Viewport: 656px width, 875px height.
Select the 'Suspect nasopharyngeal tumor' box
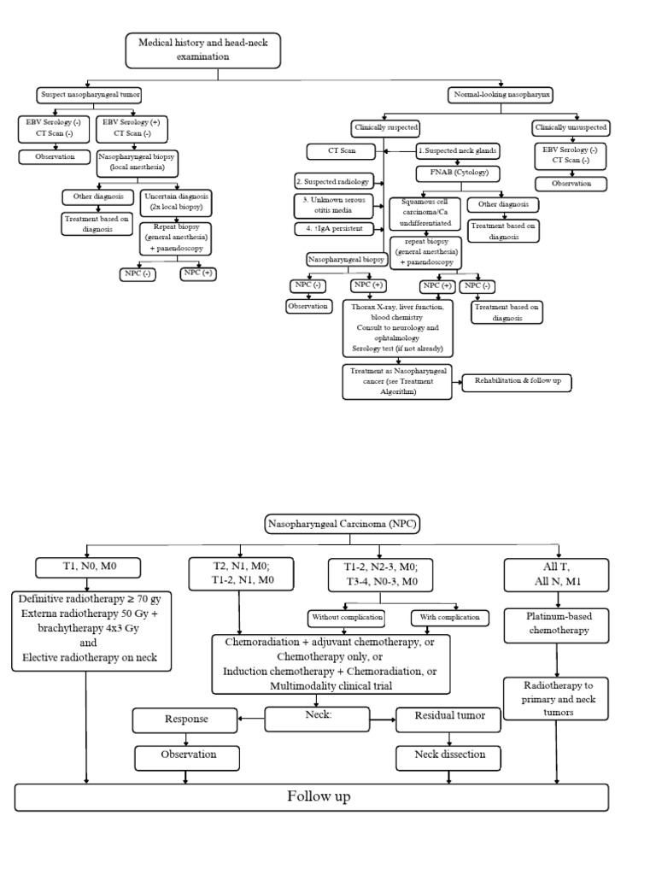pos(90,94)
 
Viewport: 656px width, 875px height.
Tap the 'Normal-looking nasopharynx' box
pos(489,94)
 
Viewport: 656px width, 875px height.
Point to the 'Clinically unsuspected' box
pos(571,127)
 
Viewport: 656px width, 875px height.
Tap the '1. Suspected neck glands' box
pos(458,150)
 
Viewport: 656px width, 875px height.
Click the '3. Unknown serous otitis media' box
pos(337,205)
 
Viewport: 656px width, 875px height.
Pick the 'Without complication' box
pos(346,616)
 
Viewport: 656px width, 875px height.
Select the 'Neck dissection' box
pos(450,755)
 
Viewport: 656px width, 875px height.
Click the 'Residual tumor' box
pos(450,716)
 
